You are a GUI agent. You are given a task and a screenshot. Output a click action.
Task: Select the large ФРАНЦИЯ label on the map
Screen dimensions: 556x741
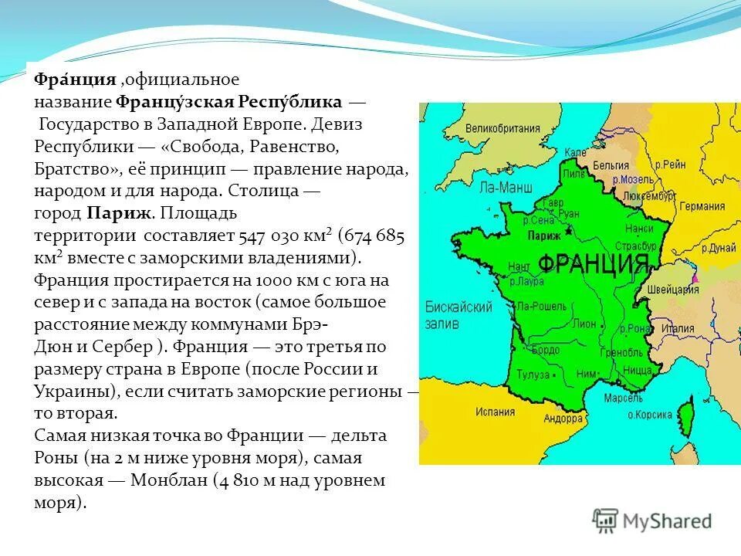(x=593, y=264)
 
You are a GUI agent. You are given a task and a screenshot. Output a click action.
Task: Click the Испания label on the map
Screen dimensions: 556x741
(x=495, y=412)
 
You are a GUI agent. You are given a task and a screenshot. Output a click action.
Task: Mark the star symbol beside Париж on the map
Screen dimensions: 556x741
(x=568, y=229)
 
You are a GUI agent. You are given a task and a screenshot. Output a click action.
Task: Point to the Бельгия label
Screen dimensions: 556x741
(x=611, y=165)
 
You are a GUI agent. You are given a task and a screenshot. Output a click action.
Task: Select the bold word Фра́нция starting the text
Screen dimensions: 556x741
(x=75, y=79)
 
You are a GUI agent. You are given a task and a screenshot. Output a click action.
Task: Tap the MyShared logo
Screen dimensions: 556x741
(x=653, y=520)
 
